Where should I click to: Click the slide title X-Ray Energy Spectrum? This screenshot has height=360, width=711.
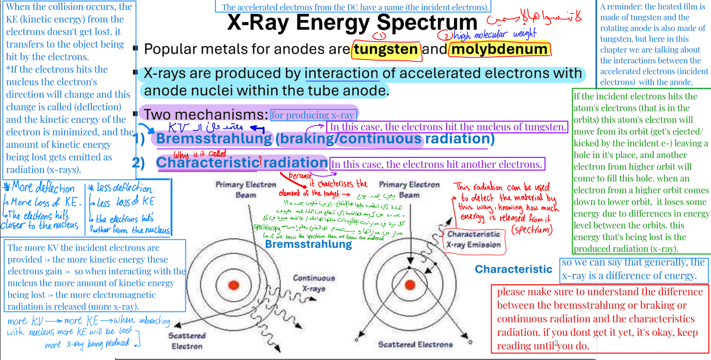(x=352, y=23)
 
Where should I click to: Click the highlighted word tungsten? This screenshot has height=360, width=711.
(x=386, y=49)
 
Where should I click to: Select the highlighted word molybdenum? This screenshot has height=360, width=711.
(x=499, y=49)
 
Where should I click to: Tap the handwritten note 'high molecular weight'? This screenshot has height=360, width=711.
(x=494, y=35)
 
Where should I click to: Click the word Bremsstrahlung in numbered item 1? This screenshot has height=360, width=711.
(x=214, y=138)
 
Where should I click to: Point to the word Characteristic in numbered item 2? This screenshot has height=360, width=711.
(x=206, y=162)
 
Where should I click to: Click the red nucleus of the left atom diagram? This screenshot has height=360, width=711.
(x=233, y=285)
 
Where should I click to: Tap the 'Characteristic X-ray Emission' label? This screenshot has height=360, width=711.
(x=473, y=239)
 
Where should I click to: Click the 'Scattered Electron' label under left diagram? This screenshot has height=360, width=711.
(x=187, y=340)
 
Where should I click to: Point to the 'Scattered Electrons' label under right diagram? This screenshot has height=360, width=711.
(x=415, y=344)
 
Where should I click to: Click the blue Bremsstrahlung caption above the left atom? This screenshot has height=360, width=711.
(x=308, y=244)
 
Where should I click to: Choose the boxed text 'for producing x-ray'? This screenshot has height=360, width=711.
(x=313, y=115)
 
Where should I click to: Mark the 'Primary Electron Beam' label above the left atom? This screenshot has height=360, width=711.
(x=246, y=190)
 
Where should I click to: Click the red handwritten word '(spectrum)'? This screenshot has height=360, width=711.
(x=531, y=230)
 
